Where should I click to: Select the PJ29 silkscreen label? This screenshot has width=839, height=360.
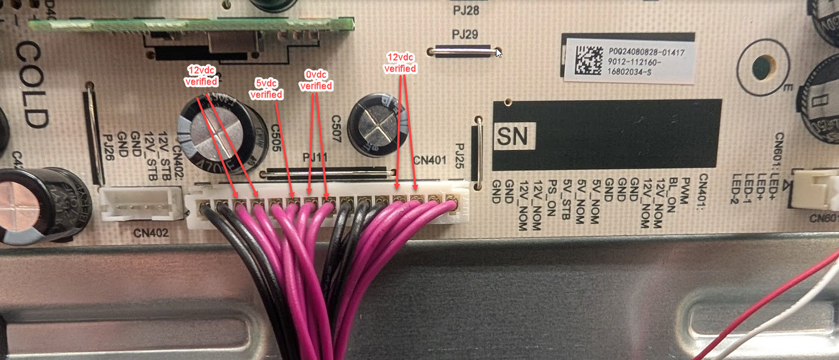pyautogui.click(x=465, y=35)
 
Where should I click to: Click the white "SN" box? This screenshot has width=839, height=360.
pyautogui.click(x=513, y=136)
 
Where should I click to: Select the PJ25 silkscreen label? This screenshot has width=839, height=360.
pyautogui.click(x=461, y=155)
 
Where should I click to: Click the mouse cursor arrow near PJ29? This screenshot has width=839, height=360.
pyautogui.click(x=498, y=52)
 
